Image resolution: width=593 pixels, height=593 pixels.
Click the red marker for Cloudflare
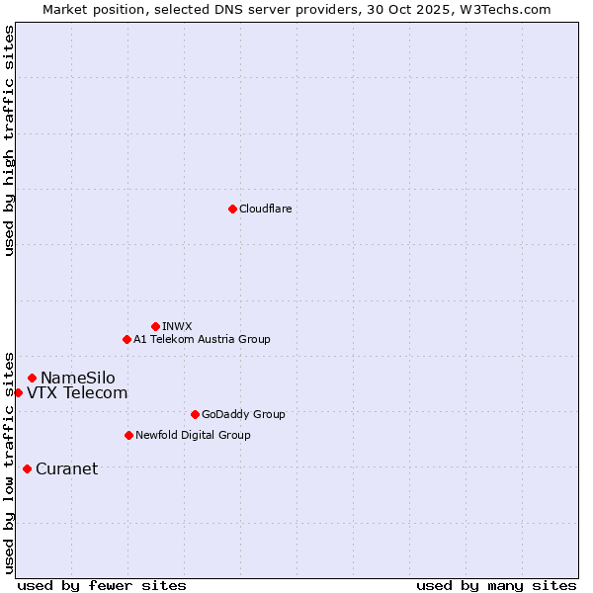pyautogui.click(x=232, y=209)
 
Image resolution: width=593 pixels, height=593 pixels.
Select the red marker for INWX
pyautogui.click(x=155, y=326)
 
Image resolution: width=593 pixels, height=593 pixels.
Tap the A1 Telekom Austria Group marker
pyautogui.click(x=127, y=339)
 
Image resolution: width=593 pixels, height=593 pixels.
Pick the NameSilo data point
pyautogui.click(x=32, y=378)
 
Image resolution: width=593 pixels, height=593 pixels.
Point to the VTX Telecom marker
pyautogui.click(x=18, y=392)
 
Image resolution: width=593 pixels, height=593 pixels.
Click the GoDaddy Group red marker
pyautogui.click(x=195, y=414)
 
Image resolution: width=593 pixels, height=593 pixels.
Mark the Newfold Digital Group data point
pyautogui.click(x=128, y=435)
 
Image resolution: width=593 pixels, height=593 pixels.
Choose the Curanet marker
pyautogui.click(x=27, y=468)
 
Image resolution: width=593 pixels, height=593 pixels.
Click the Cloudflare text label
pyautogui.click(x=265, y=209)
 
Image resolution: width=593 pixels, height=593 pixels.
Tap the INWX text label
pyautogui.click(x=177, y=326)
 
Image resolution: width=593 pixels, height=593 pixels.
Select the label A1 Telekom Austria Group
pyautogui.click(x=202, y=339)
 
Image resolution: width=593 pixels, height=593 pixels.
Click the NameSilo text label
pyautogui.click(x=77, y=378)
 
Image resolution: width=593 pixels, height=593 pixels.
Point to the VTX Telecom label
pyautogui.click(x=77, y=392)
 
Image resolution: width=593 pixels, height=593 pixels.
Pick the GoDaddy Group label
pyautogui.click(x=243, y=414)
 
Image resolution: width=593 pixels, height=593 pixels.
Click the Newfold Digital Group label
pyautogui.click(x=193, y=435)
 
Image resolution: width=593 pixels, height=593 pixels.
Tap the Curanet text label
pyautogui.click(x=66, y=468)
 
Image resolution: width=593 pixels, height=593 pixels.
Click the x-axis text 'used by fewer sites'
pyautogui.click(x=102, y=585)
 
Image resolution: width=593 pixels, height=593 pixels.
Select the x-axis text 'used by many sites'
pyautogui.click(x=496, y=585)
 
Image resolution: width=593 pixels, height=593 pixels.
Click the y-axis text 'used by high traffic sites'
pyautogui.click(x=10, y=140)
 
